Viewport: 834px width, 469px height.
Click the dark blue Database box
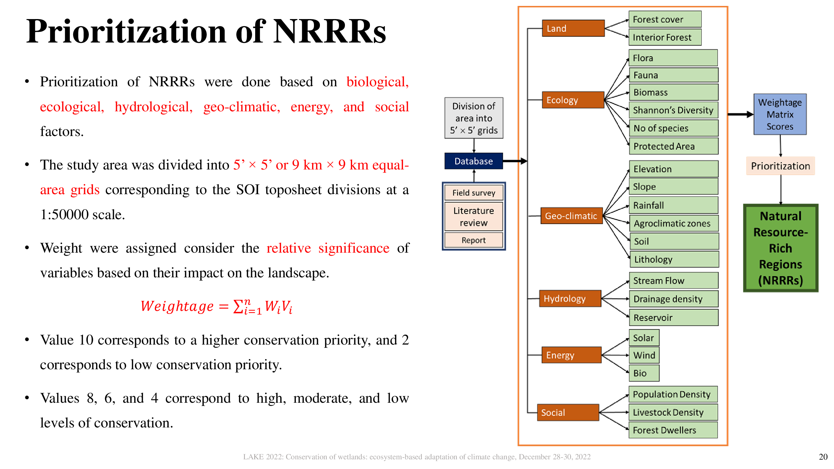(473, 161)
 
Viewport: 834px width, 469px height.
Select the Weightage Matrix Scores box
(780, 114)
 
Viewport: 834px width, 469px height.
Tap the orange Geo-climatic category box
(571, 215)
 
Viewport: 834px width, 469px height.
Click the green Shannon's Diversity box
(673, 110)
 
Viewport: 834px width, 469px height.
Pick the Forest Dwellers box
(673, 430)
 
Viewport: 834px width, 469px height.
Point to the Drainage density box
(673, 299)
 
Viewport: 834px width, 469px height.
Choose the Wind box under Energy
(644, 355)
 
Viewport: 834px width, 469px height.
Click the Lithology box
(675, 259)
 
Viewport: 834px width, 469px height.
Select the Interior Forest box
(665, 37)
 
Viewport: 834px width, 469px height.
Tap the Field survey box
(474, 193)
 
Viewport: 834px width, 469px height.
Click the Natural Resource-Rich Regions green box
(781, 248)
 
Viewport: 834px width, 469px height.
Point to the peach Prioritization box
(780, 166)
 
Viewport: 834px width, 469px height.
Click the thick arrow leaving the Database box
(515, 161)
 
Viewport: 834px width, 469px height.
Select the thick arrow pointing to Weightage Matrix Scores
(740, 114)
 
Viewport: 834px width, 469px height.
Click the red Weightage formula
(217, 306)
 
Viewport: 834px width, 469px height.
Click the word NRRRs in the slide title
(330, 31)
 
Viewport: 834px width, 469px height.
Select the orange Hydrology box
(570, 298)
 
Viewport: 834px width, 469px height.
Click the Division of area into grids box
(474, 118)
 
